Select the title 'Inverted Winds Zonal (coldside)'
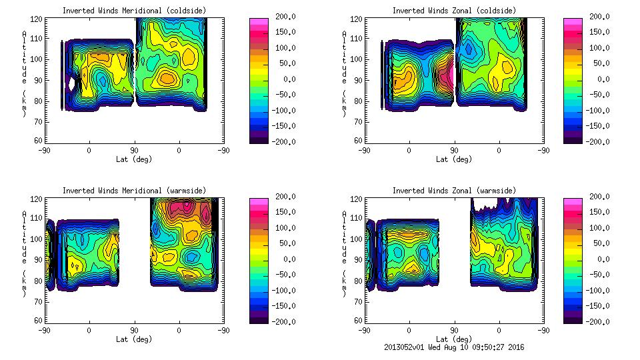453,10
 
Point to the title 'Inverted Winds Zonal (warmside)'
453,190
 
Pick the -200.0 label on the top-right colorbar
601,141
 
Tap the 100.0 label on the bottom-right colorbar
601,228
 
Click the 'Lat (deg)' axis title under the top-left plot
133,159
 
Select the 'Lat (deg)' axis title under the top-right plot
453,159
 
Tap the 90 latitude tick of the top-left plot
134,150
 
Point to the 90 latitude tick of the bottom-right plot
454,330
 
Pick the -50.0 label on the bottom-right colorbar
601,275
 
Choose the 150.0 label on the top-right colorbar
601,32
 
